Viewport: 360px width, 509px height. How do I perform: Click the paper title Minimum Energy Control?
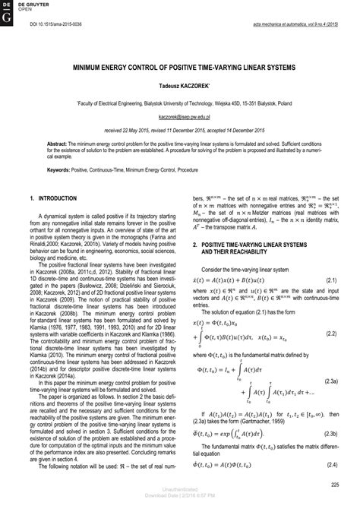[x=180, y=67]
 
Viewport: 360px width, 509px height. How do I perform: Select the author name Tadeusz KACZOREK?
[x=180, y=87]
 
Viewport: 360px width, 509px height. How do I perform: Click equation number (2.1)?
[x=331, y=280]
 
